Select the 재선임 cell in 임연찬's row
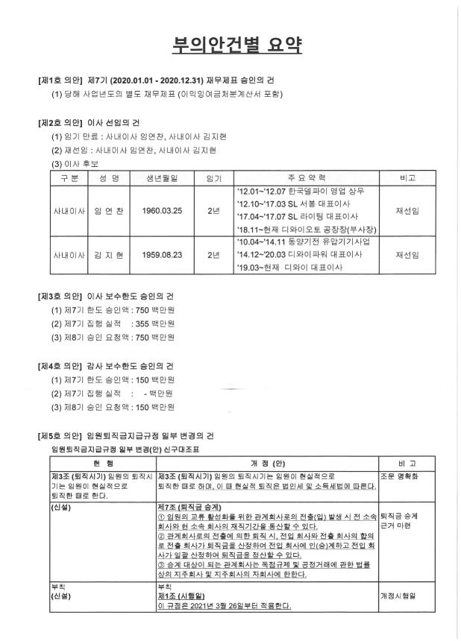click(408, 211)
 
